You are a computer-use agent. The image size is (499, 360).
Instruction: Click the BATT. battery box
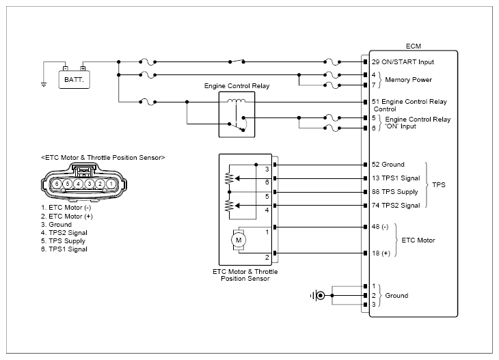point(74,79)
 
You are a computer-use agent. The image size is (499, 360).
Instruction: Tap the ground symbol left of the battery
point(44,85)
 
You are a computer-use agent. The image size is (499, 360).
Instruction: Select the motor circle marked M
point(239,240)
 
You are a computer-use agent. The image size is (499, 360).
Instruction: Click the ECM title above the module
point(414,46)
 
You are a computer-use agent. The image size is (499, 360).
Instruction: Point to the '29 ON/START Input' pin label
point(403,62)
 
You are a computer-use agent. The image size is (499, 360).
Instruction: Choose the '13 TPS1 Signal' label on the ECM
point(396,178)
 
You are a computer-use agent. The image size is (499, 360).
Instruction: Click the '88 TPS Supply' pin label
point(395,192)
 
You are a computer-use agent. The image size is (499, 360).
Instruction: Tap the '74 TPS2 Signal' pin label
point(396,206)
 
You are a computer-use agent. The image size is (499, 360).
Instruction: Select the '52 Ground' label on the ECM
point(388,165)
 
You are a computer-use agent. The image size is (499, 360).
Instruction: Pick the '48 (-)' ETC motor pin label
point(380,227)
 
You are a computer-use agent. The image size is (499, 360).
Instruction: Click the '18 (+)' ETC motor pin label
point(381,253)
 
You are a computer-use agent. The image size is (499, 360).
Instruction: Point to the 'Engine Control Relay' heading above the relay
point(237,86)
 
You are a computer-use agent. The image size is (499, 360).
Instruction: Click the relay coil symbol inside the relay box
point(237,101)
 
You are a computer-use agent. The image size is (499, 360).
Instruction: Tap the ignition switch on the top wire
point(237,61)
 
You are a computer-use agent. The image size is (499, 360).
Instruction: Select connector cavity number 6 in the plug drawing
point(57,184)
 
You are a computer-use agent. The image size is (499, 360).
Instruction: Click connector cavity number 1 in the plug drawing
point(111,184)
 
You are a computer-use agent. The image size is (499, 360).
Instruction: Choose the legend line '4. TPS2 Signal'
point(64,233)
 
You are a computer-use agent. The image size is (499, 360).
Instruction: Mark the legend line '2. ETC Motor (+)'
point(67,217)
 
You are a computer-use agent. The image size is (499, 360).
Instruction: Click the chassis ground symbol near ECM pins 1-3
point(317,296)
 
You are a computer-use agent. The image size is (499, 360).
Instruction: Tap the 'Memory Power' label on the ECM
point(408,80)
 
